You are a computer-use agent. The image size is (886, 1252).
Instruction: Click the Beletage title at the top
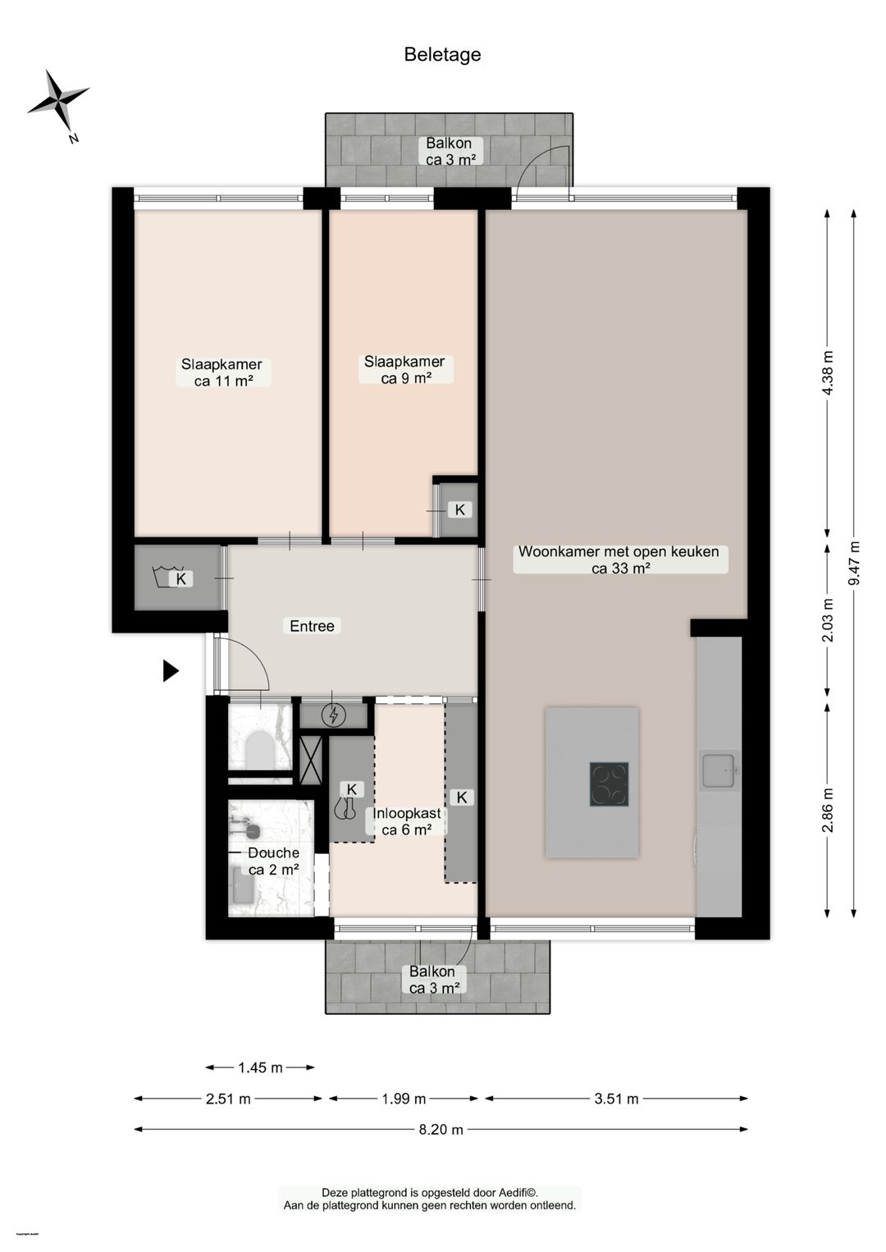point(442,55)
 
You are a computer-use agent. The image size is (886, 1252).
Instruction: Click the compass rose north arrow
point(58,101)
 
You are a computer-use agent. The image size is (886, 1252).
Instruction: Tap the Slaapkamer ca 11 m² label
point(221,372)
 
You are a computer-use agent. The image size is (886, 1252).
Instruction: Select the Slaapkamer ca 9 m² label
point(404,370)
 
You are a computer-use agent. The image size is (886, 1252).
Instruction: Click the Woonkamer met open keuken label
point(619,560)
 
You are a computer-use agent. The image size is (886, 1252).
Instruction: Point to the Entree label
point(312,626)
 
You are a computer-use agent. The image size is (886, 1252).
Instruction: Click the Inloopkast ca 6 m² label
point(407,821)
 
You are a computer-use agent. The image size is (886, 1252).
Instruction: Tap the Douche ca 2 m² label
point(273,861)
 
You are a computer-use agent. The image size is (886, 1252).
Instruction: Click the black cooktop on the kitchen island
point(609,784)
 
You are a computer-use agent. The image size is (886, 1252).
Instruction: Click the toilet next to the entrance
point(259,747)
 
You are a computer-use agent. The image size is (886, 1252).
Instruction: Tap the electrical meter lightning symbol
point(333,716)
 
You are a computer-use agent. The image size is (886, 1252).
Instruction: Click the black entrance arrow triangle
point(170,671)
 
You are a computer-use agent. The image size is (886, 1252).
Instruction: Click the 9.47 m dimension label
point(855,562)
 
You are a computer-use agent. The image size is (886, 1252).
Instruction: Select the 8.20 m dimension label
point(441,1130)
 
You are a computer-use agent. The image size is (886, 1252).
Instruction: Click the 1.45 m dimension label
point(260,1067)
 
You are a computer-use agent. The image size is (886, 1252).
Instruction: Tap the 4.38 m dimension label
point(827,373)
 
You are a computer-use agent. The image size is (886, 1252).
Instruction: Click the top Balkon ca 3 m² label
point(449,152)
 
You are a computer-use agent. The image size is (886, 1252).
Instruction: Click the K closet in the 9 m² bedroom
point(459,510)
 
